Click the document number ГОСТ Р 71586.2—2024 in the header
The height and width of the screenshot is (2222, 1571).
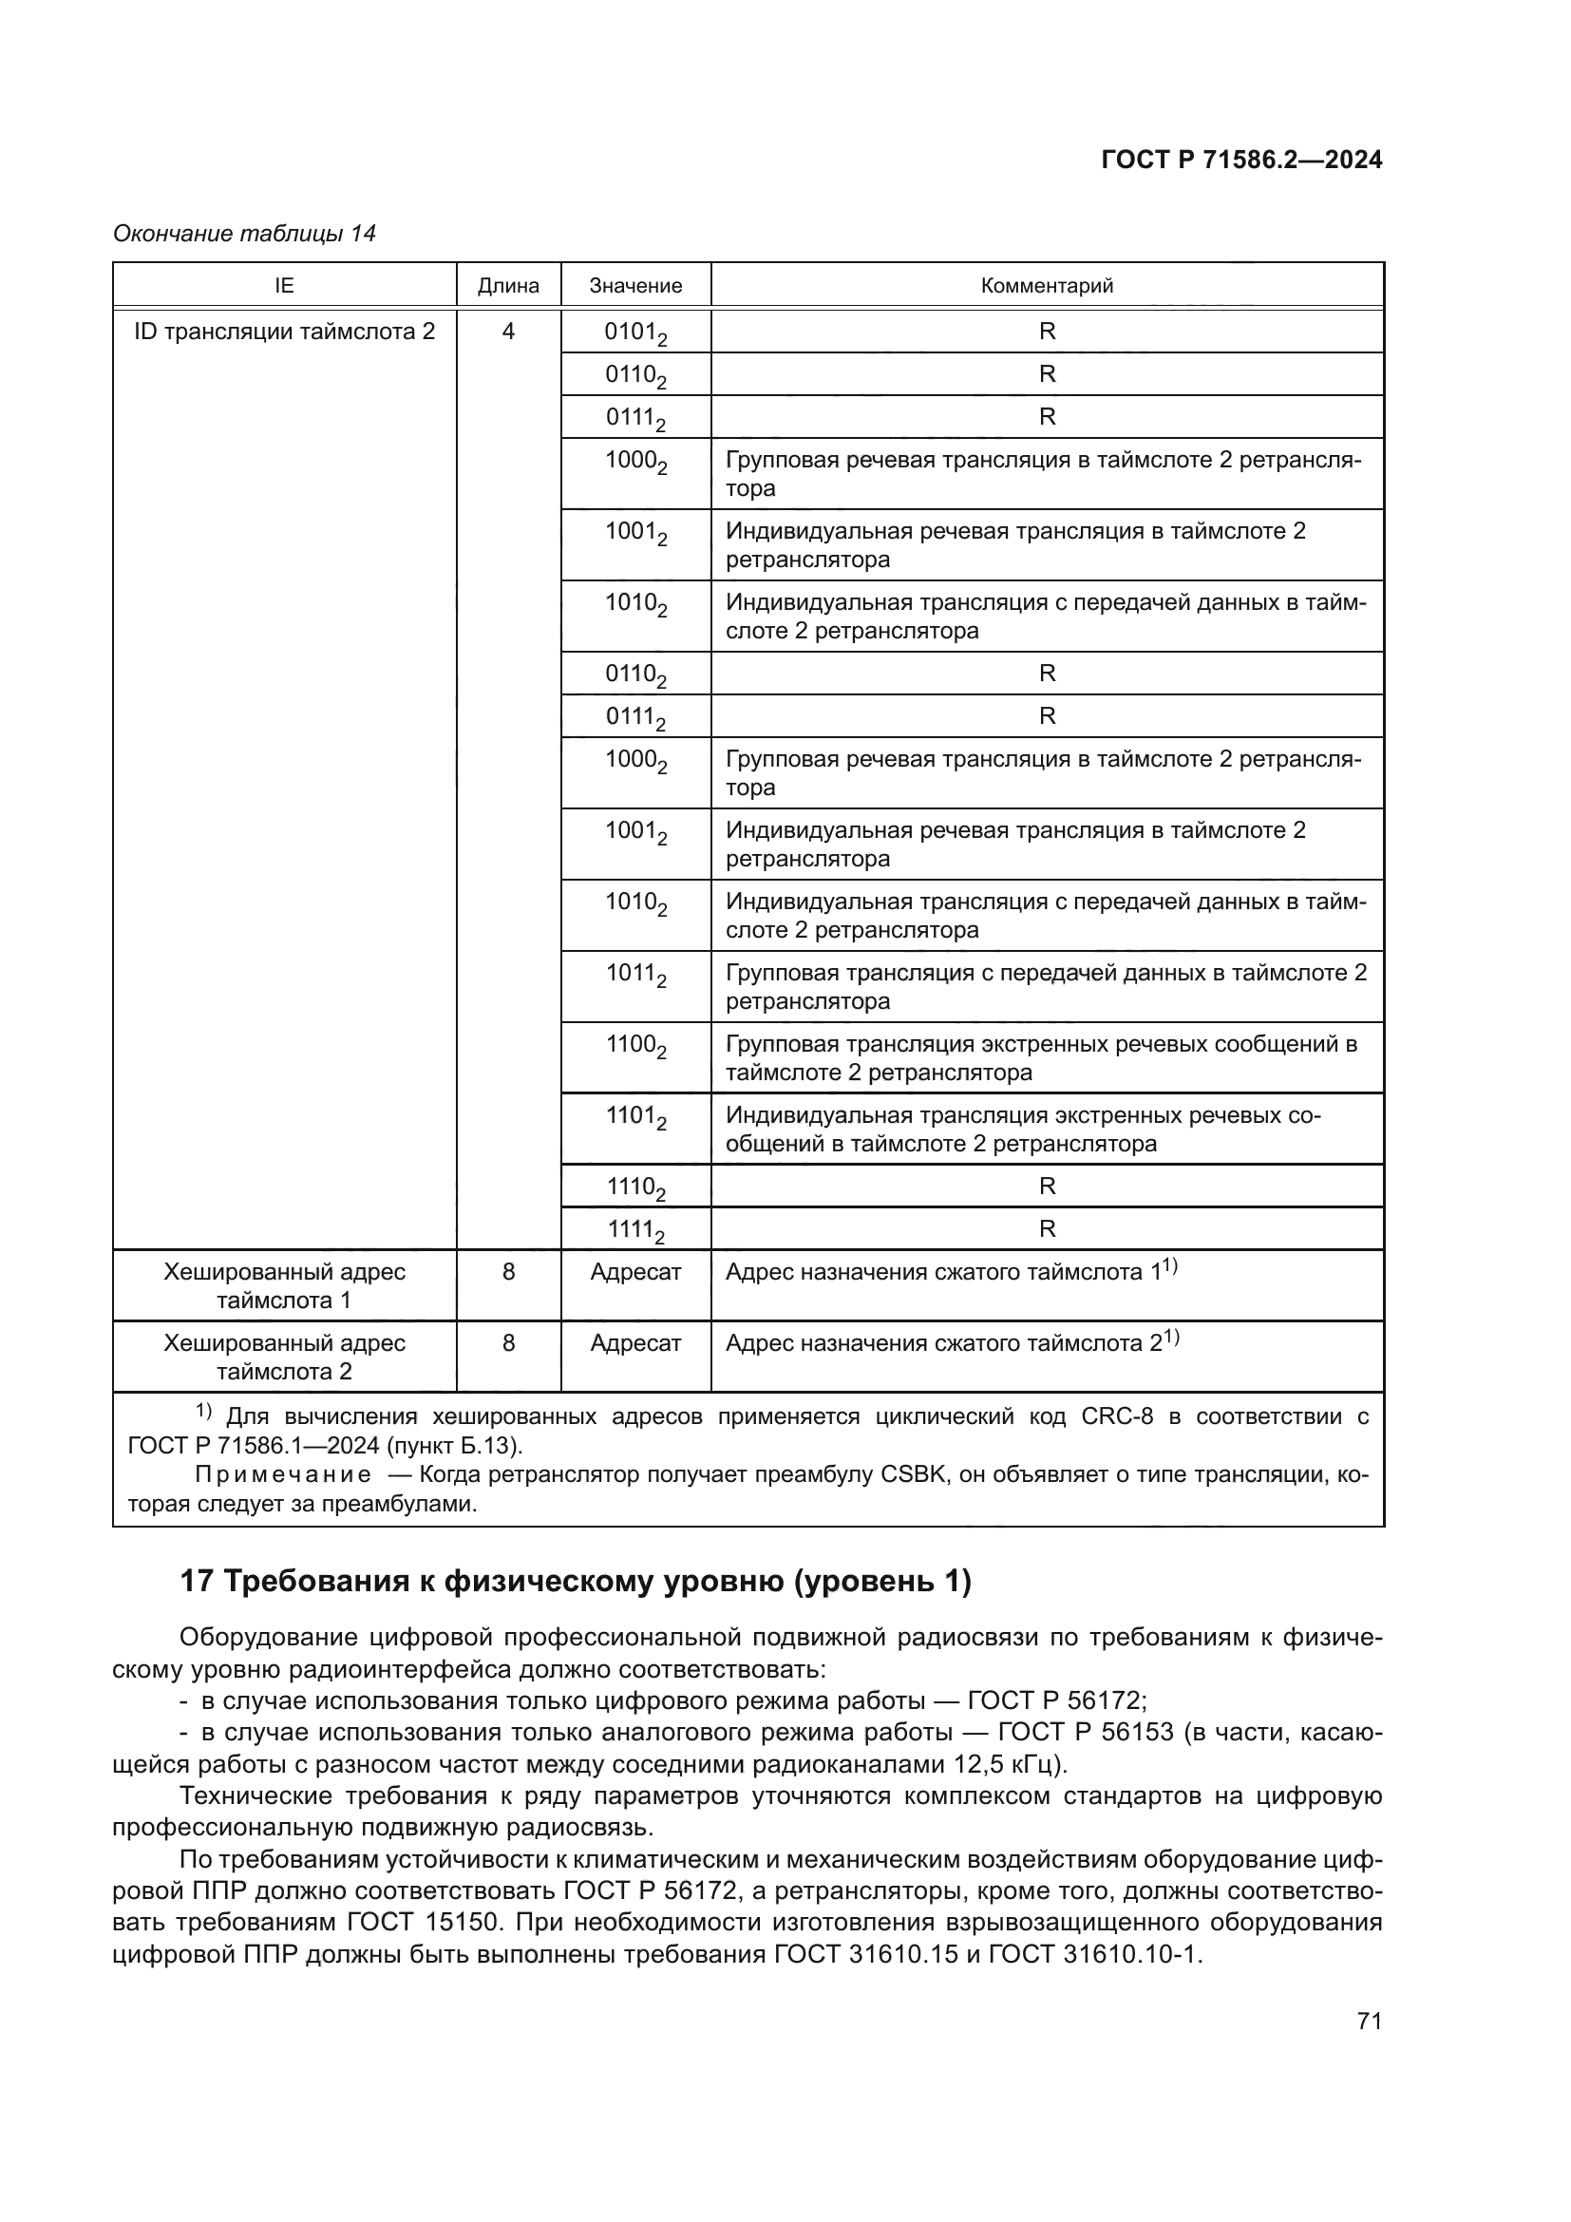pyautogui.click(x=1241, y=161)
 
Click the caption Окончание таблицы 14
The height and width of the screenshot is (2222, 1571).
pyautogui.click(x=244, y=234)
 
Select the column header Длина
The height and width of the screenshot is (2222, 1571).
pyautogui.click(x=508, y=286)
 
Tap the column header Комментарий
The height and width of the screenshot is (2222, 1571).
pyautogui.click(x=1047, y=286)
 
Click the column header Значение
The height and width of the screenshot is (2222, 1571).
pyautogui.click(x=635, y=286)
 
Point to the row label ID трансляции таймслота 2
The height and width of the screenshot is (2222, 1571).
pyautogui.click(x=284, y=332)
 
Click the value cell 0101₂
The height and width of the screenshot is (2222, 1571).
pyautogui.click(x=635, y=332)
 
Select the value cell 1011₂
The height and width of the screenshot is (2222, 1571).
pyautogui.click(x=635, y=975)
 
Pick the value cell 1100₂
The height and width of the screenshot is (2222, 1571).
pyautogui.click(x=635, y=1046)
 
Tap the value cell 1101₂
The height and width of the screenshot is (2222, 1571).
pyautogui.click(x=635, y=1117)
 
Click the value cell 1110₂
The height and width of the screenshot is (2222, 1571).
pyautogui.click(x=635, y=1187)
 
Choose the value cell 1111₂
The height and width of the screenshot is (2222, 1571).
pyautogui.click(x=635, y=1230)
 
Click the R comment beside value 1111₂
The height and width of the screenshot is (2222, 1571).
pyautogui.click(x=1047, y=1229)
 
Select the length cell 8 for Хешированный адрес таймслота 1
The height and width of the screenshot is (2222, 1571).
pyautogui.click(x=508, y=1272)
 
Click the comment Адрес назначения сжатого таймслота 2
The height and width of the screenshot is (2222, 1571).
pyautogui.click(x=943, y=1343)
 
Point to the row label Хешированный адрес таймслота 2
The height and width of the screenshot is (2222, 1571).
pyautogui.click(x=284, y=1357)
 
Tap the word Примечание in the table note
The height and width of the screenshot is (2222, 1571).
pyautogui.click(x=282, y=1475)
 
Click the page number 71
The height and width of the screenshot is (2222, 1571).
pyautogui.click(x=1369, y=2021)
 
